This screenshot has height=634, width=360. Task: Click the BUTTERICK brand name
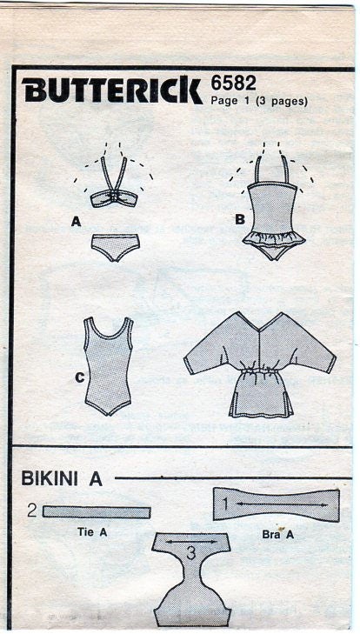click(113, 90)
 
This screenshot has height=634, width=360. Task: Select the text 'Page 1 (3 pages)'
click(259, 101)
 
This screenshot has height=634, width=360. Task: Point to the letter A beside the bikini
click(77, 223)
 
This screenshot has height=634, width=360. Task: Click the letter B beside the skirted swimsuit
click(238, 219)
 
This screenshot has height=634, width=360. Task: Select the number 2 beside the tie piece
click(31, 511)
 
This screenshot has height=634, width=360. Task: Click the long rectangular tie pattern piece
click(96, 512)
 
